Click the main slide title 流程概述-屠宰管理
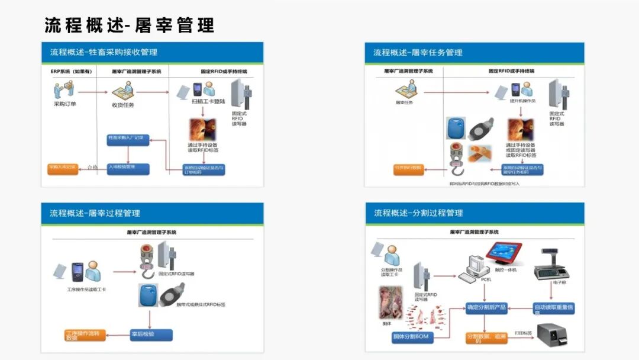point(129,25)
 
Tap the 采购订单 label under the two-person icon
point(64,104)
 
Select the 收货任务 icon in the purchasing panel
point(123,92)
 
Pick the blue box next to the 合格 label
point(128,168)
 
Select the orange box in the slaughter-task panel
point(409,169)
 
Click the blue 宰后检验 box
point(151,335)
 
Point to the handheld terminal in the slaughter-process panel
point(76,272)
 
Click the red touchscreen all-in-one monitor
point(504,253)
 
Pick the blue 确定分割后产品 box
point(486,307)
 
